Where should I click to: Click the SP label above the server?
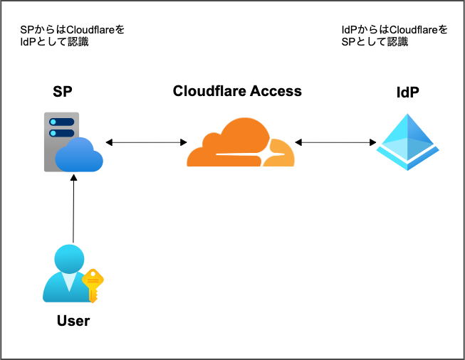coord(63,92)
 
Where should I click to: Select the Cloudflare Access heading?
coord(237,91)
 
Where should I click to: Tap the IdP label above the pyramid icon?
coord(407,93)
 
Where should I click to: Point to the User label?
coord(73,321)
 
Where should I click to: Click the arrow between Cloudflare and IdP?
coord(335,143)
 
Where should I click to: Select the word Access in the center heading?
coord(276,91)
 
